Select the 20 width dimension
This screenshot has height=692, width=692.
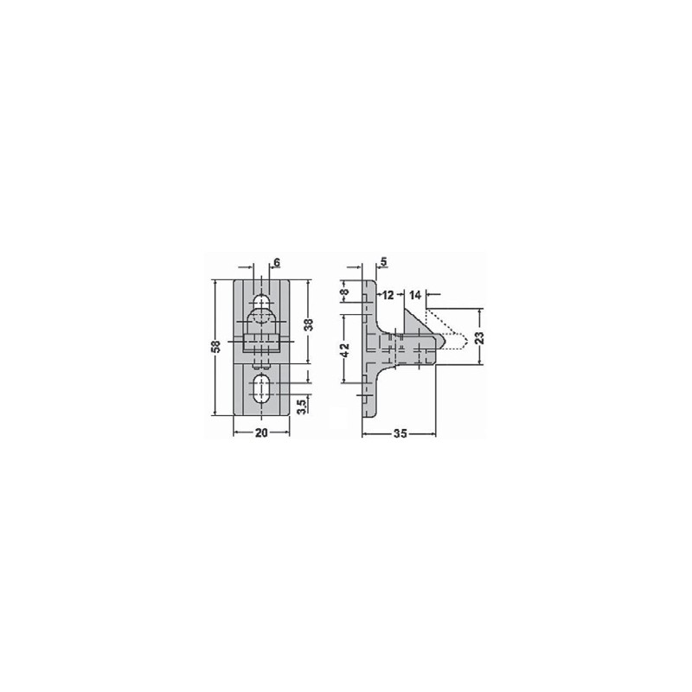pos(261,433)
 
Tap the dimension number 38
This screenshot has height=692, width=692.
pos(310,325)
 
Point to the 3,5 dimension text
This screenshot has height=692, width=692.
pos(301,407)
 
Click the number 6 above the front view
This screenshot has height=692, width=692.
pos(277,263)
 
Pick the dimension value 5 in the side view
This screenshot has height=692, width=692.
pos(383,262)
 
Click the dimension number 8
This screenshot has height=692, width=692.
pos(345,292)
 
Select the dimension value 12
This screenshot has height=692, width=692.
pos(388,295)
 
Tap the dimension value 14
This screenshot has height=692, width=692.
pos(415,295)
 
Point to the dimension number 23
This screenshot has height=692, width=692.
pos(481,337)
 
